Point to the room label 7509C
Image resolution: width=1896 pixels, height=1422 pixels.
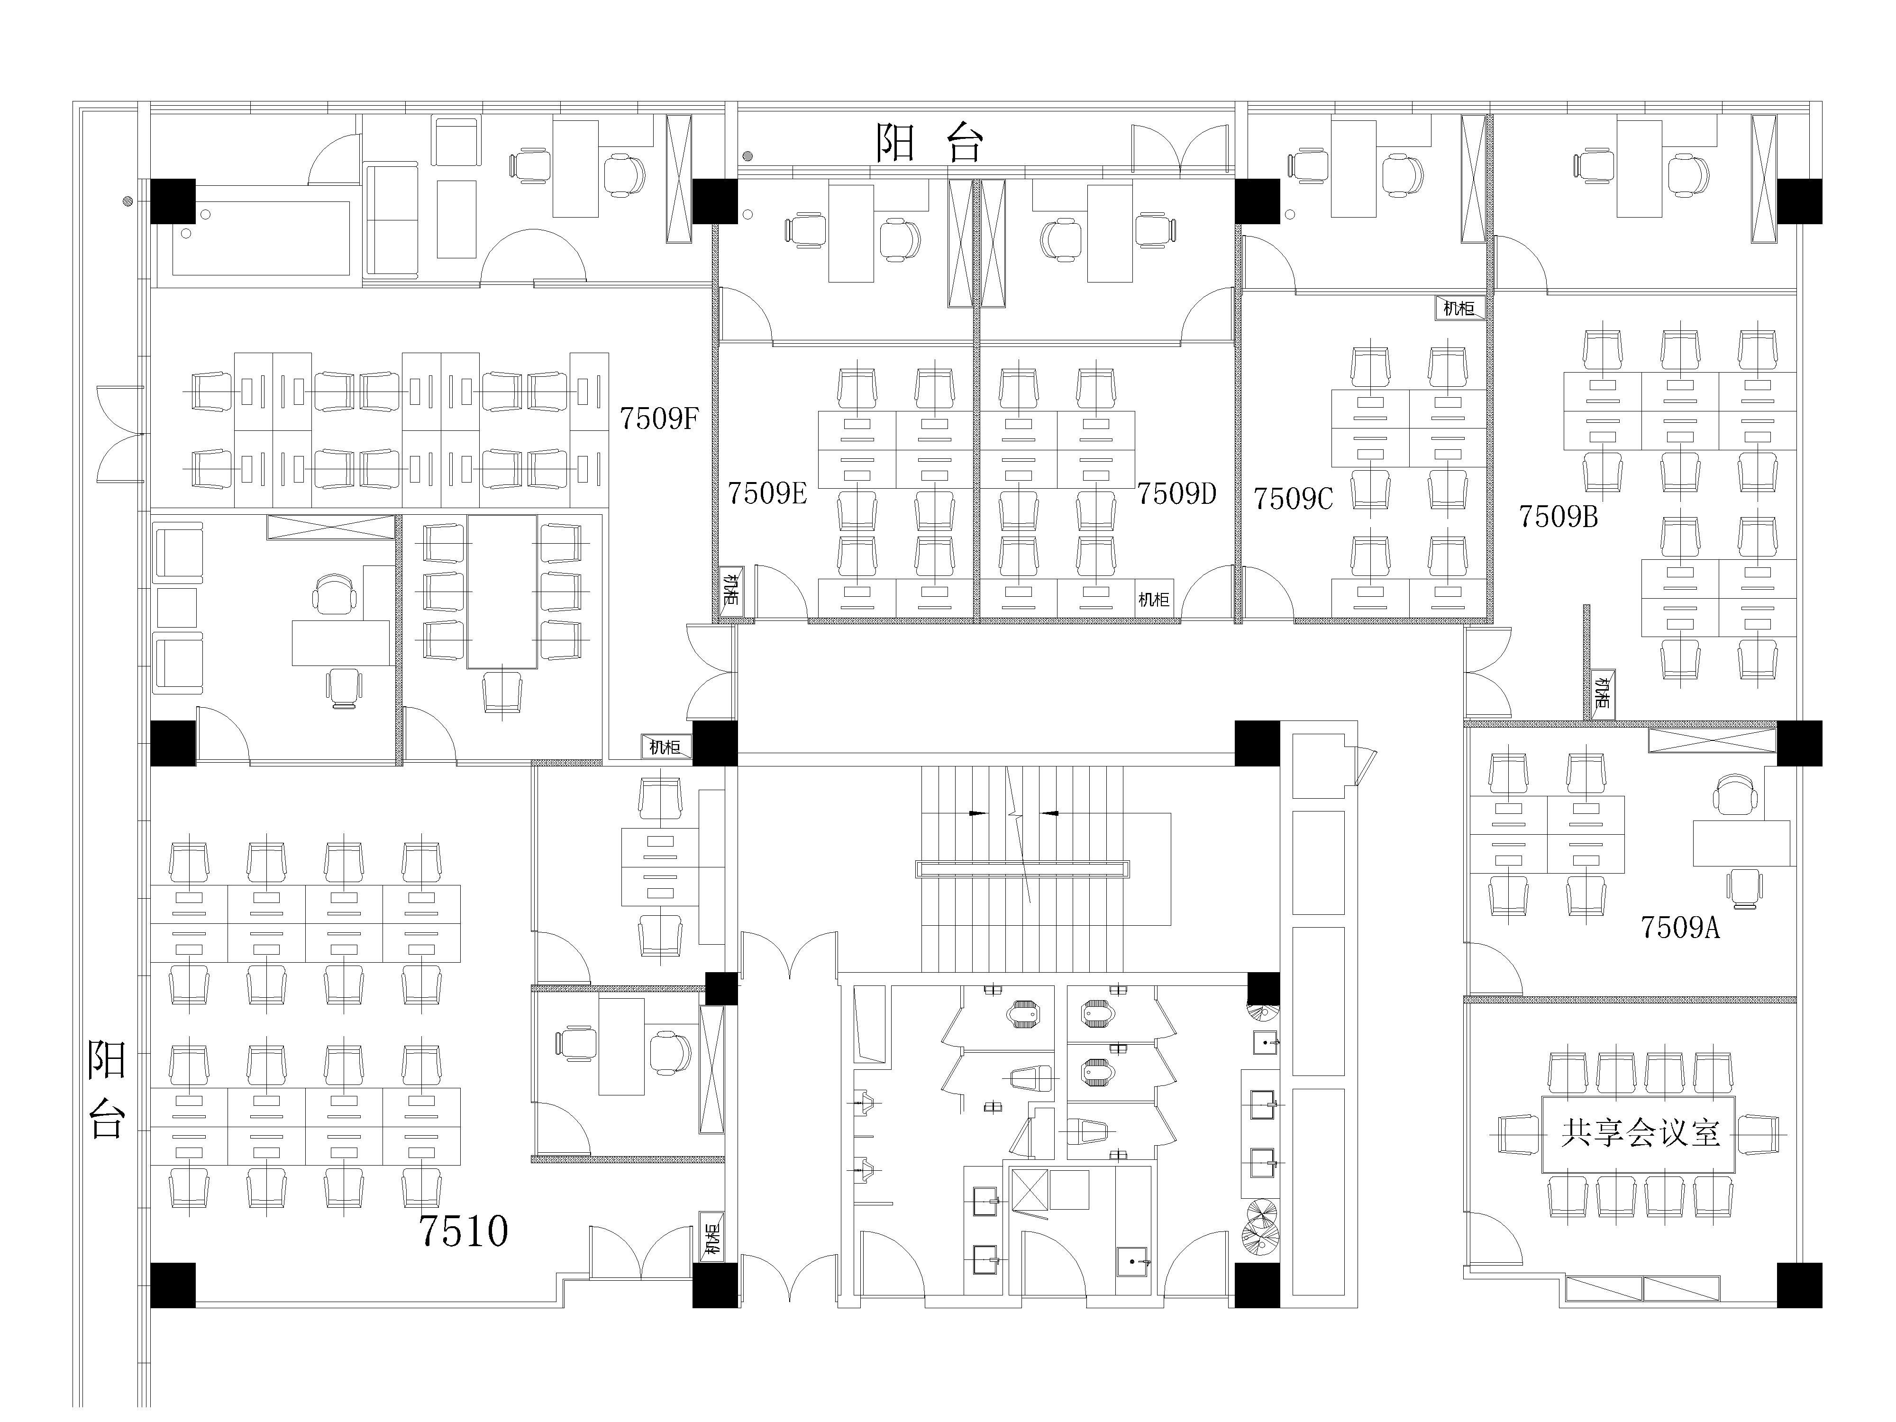coord(1294,498)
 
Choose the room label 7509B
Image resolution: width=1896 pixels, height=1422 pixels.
coord(1559,516)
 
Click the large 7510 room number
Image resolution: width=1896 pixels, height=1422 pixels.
coord(464,1231)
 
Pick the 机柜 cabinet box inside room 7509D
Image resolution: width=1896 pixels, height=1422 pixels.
coord(1154,599)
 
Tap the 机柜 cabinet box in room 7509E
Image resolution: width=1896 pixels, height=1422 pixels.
coord(731,590)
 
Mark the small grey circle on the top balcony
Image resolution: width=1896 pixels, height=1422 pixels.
coord(747,156)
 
